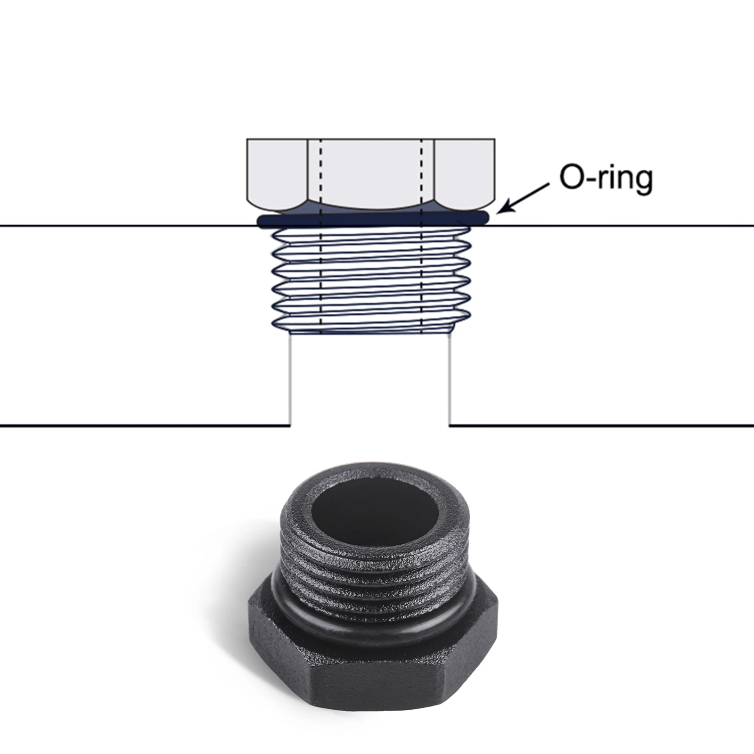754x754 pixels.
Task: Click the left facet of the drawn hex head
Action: click(277, 173)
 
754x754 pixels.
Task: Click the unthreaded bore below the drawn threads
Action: click(370, 379)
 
